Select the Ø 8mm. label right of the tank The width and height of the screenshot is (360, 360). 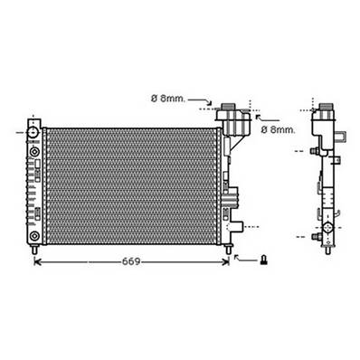(279, 129)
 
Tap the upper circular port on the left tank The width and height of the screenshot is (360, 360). (33, 134)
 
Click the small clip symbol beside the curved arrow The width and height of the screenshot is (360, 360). (263, 261)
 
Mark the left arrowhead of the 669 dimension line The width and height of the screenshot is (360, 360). (38, 262)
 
